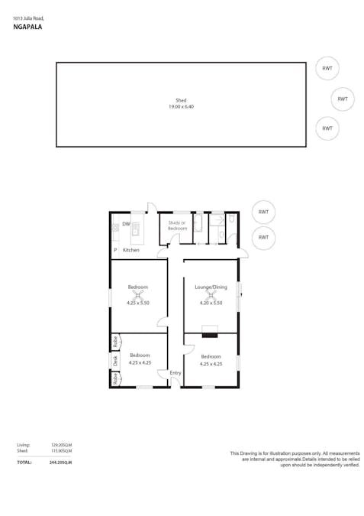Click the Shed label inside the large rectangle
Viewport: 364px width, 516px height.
tap(181, 100)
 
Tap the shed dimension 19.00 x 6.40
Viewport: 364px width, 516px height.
tap(181, 107)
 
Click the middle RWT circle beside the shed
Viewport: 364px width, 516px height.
tap(343, 99)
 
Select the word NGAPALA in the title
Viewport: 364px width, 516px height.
tap(27, 26)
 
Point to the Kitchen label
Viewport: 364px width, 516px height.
tap(131, 250)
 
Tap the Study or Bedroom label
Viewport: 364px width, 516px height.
tap(177, 226)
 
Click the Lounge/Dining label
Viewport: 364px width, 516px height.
tap(211, 287)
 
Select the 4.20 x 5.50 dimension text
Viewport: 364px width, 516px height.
tap(211, 303)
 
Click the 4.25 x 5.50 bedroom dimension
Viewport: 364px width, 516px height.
tap(138, 303)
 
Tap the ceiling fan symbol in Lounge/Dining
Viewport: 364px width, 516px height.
tap(211, 294)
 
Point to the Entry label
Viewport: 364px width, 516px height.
tap(176, 373)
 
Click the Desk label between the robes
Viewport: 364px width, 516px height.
tap(115, 360)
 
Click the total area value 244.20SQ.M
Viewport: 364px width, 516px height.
tap(61, 462)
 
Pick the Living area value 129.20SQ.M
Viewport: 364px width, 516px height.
tap(61, 444)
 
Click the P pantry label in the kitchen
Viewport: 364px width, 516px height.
tap(115, 250)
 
